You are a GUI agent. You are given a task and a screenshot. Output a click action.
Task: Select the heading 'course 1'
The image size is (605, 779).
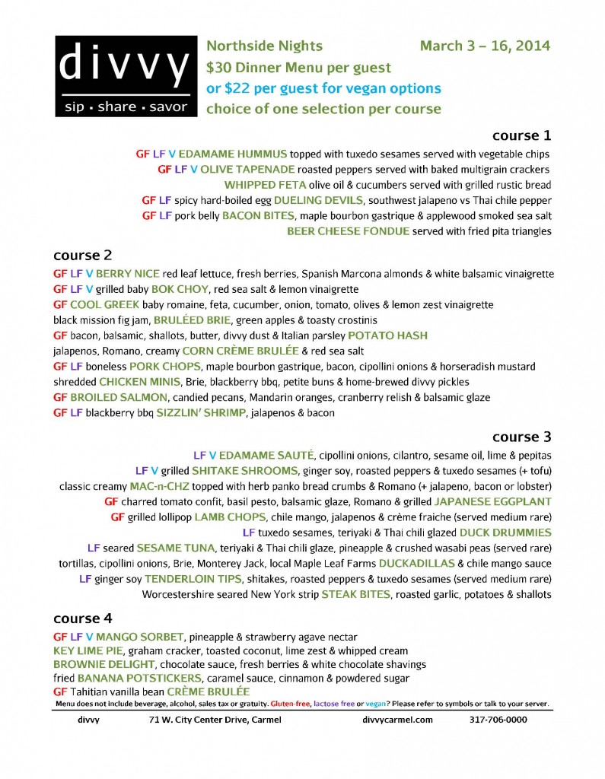click(521, 135)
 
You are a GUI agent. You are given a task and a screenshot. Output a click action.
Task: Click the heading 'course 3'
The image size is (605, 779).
click(521, 437)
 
